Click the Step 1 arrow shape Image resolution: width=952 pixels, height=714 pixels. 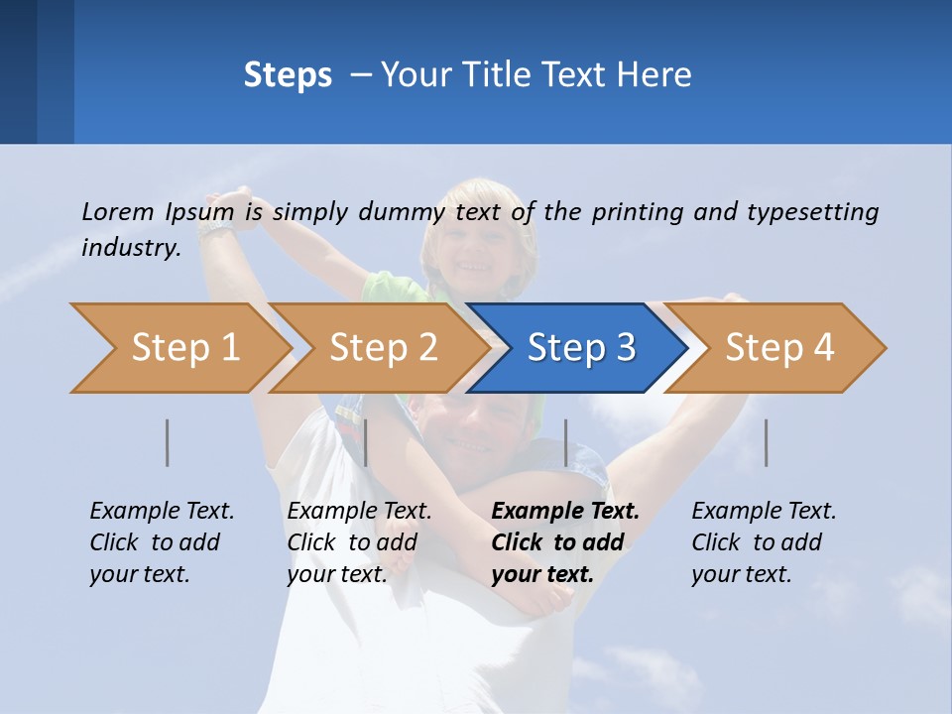(183, 348)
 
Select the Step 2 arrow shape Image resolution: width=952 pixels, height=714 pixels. (383, 348)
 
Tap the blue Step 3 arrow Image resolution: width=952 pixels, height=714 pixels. (580, 348)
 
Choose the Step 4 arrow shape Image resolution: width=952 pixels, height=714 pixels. (778, 348)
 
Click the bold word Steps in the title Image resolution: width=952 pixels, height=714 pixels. (288, 74)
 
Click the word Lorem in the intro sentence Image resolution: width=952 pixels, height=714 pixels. (117, 211)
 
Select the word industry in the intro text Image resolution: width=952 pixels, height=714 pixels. (130, 248)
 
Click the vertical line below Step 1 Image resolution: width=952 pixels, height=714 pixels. (168, 442)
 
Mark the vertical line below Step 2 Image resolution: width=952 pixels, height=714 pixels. (366, 442)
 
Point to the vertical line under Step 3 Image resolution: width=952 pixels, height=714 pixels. (565, 442)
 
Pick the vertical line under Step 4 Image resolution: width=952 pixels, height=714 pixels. (766, 442)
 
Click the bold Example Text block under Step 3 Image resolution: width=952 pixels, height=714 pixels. (564, 542)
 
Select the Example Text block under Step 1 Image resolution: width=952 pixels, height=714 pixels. (161, 542)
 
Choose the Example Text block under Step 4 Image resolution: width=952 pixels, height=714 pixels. (763, 542)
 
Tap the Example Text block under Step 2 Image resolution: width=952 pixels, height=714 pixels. (358, 542)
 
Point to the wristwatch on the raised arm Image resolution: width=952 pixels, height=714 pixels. (214, 228)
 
